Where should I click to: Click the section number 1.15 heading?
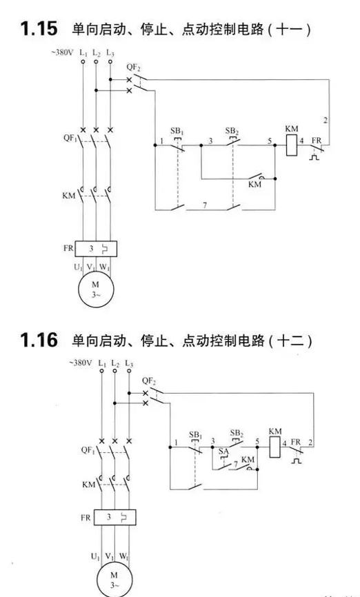[39, 29]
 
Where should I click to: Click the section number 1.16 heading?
[39, 340]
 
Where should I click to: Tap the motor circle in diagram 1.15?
[96, 290]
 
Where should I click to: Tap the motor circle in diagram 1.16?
[114, 579]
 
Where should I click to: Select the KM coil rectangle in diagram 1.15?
[292, 145]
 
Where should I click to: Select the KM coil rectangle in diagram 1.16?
[275, 447]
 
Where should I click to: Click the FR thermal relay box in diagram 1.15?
[96, 249]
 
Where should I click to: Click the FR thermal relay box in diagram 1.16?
[114, 518]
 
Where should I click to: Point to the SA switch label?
[223, 452]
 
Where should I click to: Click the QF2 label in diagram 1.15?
[134, 68]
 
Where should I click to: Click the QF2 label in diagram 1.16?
[149, 381]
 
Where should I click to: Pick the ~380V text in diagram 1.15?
[63, 52]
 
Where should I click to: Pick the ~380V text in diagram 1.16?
[81, 363]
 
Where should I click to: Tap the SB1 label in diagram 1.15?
[177, 132]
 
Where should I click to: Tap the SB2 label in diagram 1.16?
[237, 434]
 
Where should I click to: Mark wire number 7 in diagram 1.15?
[205, 205]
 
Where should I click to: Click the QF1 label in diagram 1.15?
[70, 138]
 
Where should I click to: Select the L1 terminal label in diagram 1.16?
[102, 363]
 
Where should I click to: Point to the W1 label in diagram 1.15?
[105, 267]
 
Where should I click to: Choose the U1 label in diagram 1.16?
[96, 556]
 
